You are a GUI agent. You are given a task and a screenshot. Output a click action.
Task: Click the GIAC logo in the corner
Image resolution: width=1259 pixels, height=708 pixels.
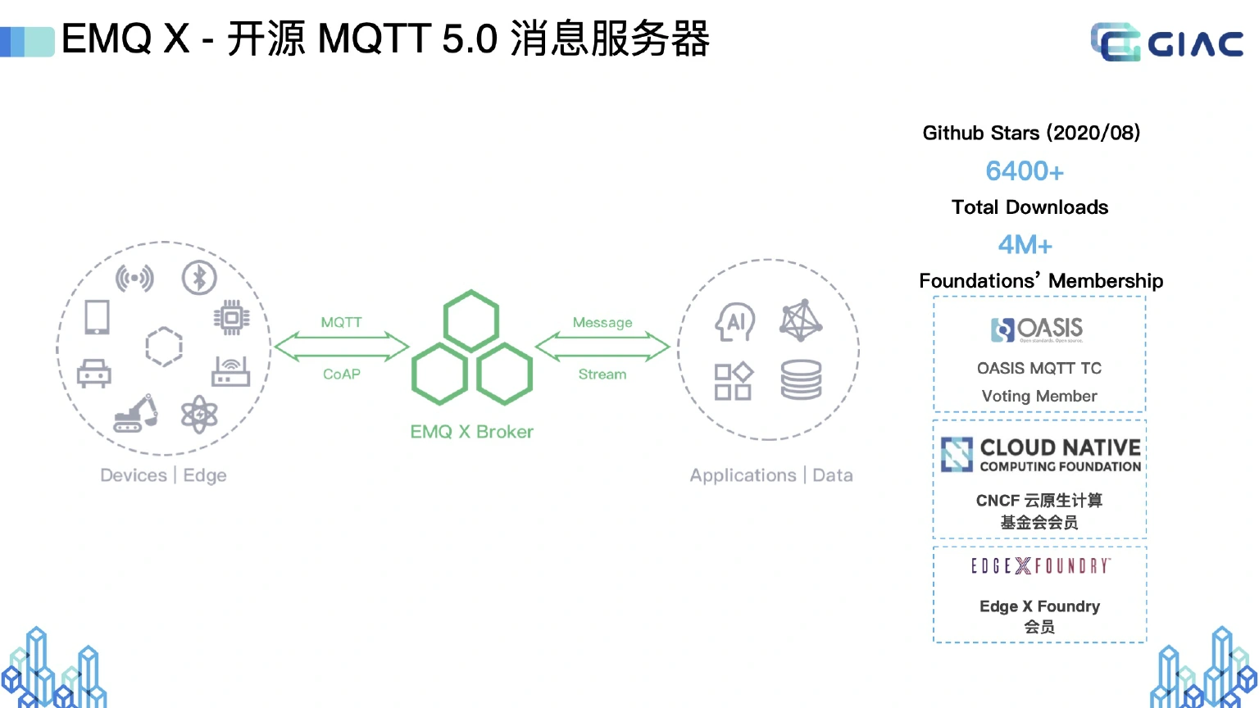tap(1166, 42)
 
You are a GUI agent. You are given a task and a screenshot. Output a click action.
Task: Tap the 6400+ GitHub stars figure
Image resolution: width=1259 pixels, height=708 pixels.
tap(1025, 171)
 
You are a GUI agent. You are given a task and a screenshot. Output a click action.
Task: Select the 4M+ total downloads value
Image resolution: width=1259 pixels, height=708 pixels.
tap(1025, 245)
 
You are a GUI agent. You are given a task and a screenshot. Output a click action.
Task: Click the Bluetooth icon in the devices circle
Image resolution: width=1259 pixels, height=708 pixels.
tap(199, 278)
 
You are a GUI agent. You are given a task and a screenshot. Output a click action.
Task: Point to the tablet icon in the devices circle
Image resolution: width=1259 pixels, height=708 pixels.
tap(98, 317)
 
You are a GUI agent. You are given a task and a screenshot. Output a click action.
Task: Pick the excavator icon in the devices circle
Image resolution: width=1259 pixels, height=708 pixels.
tap(136, 414)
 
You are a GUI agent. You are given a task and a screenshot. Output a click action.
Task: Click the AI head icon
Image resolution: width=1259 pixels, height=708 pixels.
tap(735, 322)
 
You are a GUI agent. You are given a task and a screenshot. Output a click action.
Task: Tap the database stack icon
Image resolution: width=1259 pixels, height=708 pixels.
tap(801, 379)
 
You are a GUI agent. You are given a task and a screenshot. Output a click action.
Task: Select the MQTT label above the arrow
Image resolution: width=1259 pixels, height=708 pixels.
tap(341, 322)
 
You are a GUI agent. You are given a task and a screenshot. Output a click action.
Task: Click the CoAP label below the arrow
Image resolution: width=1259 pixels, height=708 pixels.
tap(341, 374)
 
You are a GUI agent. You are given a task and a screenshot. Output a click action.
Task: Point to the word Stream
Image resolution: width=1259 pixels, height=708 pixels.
tap(602, 374)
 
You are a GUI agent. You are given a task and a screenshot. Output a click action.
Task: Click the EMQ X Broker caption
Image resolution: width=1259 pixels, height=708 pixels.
tap(471, 432)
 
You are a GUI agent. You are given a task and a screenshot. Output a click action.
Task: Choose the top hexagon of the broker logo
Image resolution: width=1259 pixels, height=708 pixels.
tap(471, 320)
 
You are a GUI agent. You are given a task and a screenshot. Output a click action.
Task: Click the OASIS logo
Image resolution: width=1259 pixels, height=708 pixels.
tap(1038, 329)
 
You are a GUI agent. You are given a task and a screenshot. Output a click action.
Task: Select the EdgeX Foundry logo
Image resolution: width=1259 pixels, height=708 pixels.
tap(1040, 566)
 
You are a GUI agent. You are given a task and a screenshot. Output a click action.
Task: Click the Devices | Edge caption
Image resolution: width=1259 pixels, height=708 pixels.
tap(163, 475)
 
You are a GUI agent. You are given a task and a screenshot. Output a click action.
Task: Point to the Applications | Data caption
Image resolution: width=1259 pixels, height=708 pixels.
tap(771, 475)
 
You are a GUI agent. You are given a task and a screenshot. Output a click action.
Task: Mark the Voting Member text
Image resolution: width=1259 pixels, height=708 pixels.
tap(1039, 396)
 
